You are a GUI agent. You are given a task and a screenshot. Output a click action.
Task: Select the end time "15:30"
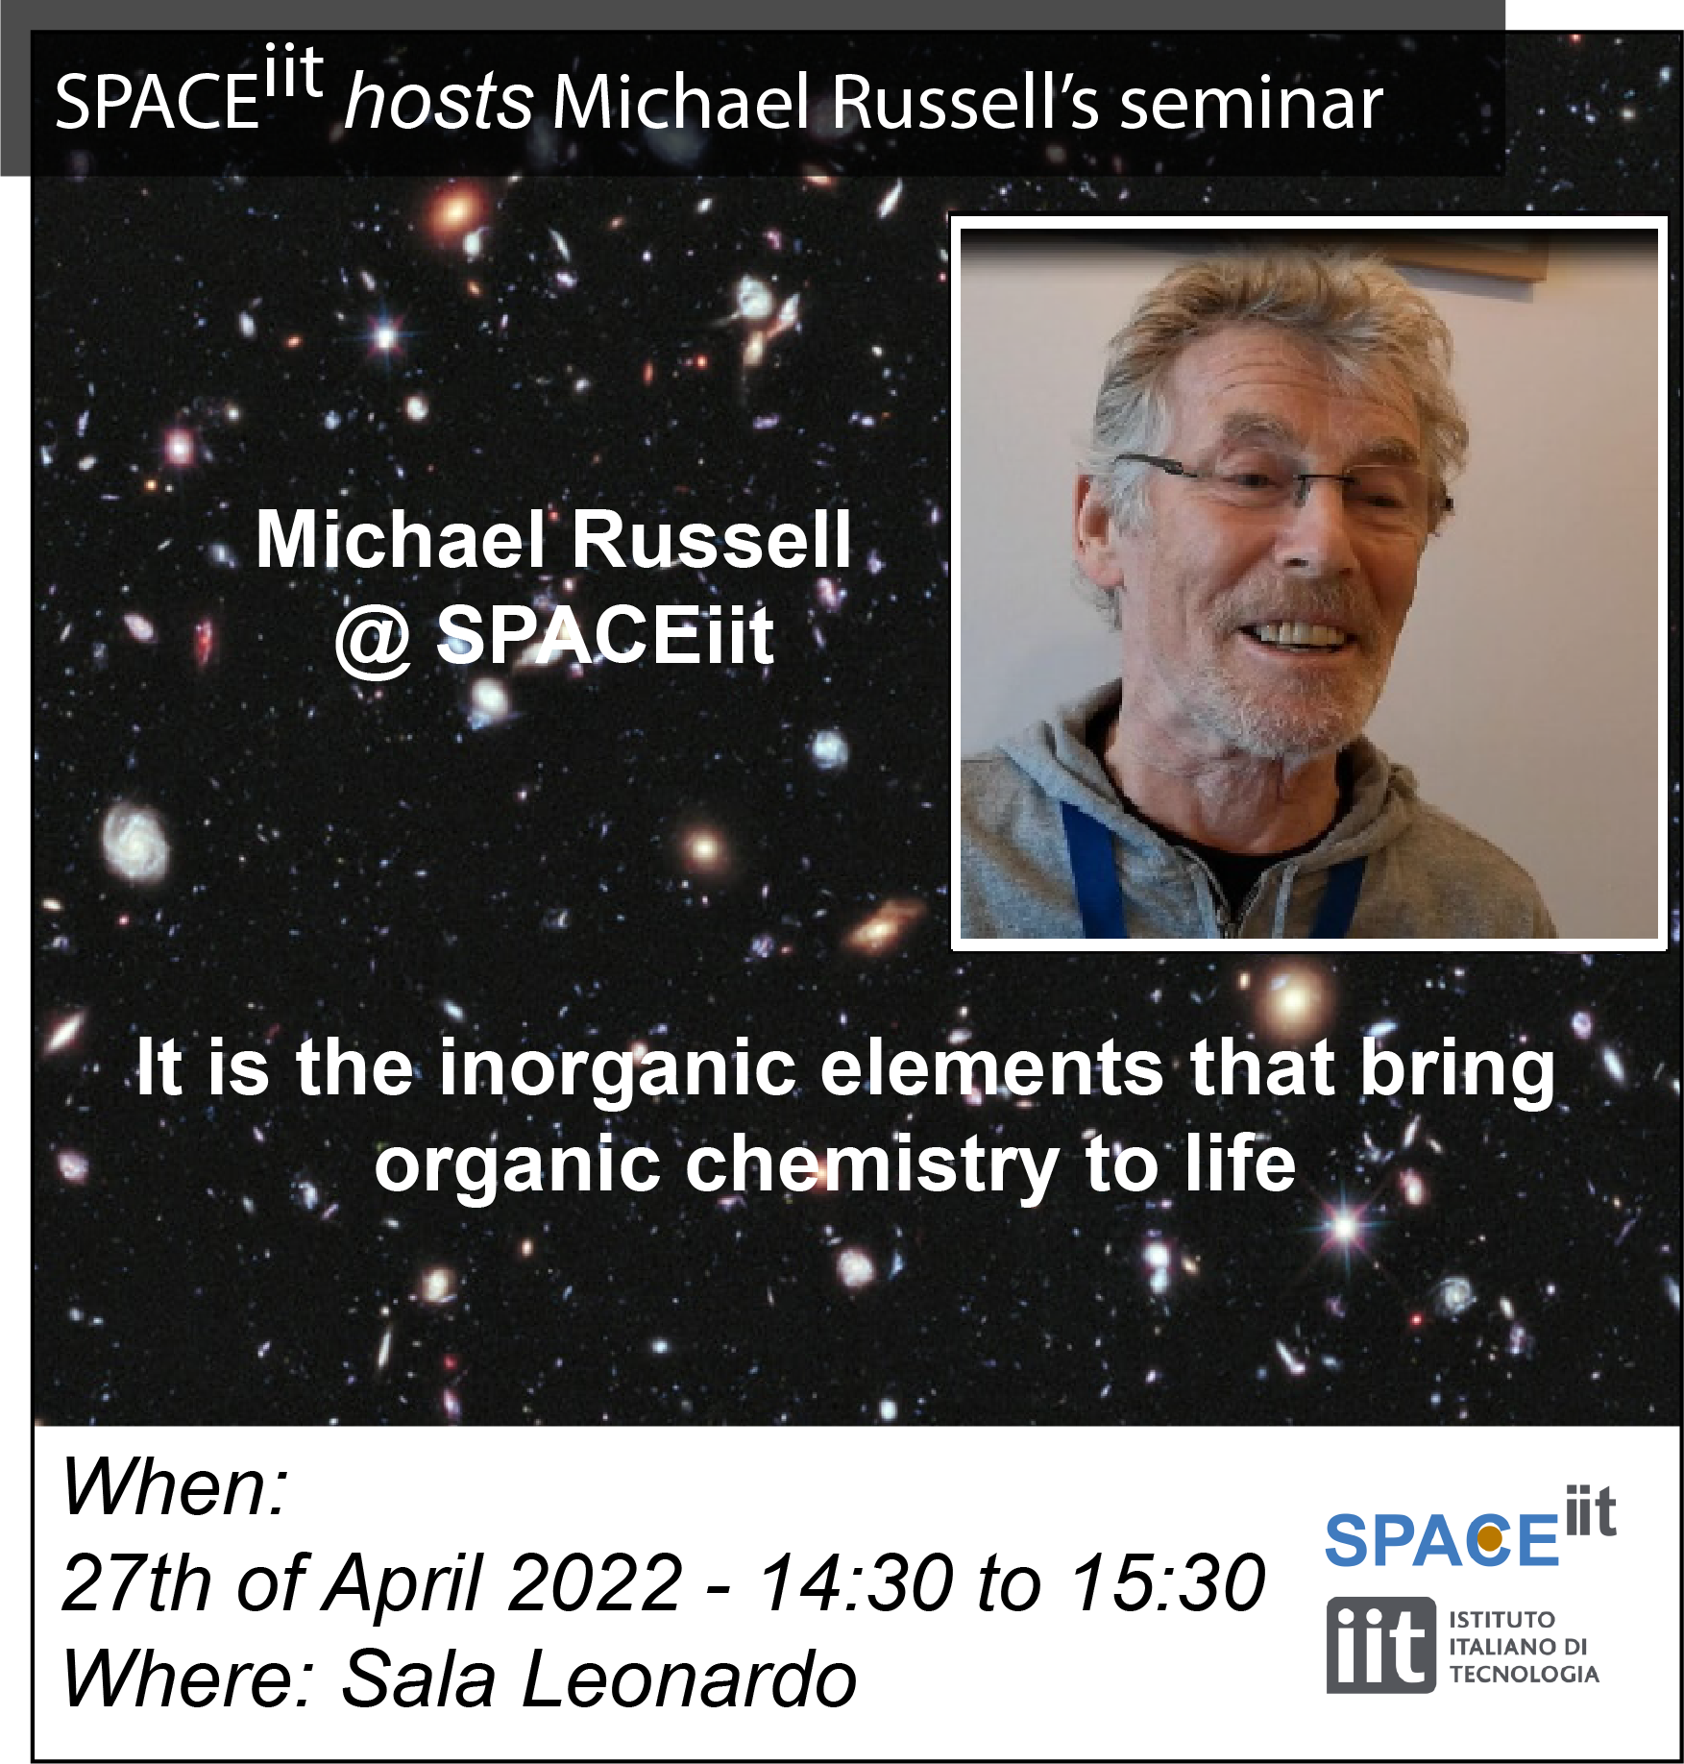click(1168, 1582)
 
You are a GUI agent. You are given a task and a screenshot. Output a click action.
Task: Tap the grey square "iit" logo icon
click(1380, 1646)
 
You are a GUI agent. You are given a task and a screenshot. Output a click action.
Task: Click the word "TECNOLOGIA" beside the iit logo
click(1524, 1675)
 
